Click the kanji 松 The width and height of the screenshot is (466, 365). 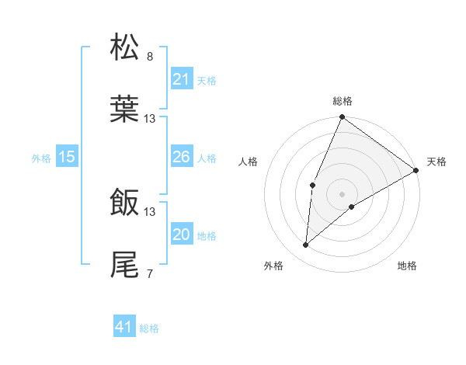pyautogui.click(x=125, y=48)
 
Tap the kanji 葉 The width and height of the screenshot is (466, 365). pyautogui.click(x=125, y=109)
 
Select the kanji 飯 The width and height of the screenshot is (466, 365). pyautogui.click(x=125, y=203)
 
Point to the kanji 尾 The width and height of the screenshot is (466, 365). pyautogui.click(x=125, y=264)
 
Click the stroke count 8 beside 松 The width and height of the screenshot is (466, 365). pyautogui.click(x=150, y=57)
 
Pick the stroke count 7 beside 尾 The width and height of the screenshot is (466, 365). pyautogui.click(x=150, y=273)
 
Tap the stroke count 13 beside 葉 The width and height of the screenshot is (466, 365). pyautogui.click(x=150, y=118)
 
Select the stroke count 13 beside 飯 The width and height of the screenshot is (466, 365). pyautogui.click(x=150, y=211)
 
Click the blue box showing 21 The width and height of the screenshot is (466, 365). pyautogui.click(x=181, y=79)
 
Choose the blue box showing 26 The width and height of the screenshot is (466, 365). pyautogui.click(x=181, y=157)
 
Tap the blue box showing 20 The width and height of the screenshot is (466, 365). pyautogui.click(x=181, y=235)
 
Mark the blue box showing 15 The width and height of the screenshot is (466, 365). pyautogui.click(x=67, y=157)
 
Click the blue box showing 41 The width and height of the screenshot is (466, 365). pyautogui.click(x=124, y=327)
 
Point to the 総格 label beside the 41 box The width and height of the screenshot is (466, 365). pyautogui.click(x=149, y=328)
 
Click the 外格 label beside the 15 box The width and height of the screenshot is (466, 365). pyautogui.click(x=41, y=158)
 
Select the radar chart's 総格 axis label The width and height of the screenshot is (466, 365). pyautogui.click(x=343, y=101)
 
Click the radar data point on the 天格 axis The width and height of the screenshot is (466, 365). pyautogui.click(x=416, y=170)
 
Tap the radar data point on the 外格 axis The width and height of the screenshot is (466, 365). pyautogui.click(x=306, y=245)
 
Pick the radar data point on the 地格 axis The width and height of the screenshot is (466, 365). pyautogui.click(x=352, y=207)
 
